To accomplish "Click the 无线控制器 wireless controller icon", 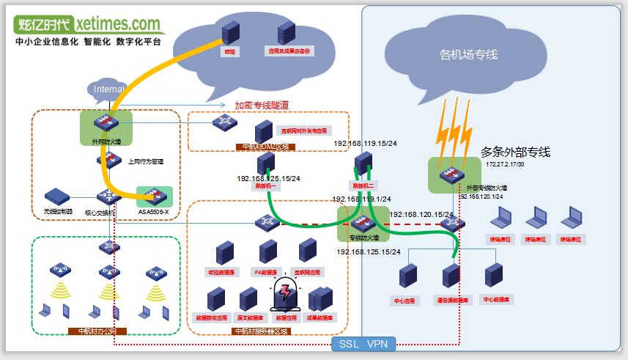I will pos(56,196).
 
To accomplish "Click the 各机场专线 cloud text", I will pos(468,54).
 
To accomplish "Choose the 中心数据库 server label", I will pos(496,299).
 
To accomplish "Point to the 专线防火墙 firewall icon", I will pos(361,222).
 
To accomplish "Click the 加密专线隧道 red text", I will pos(262,105).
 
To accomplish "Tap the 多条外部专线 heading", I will pos(515,153).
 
